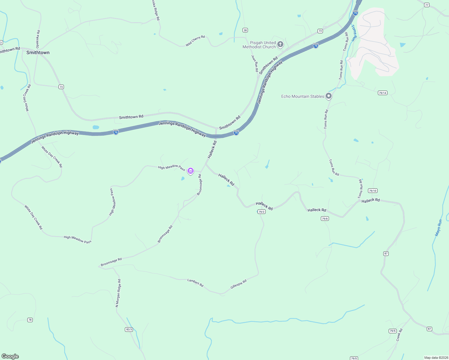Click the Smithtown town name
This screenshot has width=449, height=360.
38,52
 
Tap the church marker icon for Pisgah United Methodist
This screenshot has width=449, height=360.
280,44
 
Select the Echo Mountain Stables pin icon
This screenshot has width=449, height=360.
329,96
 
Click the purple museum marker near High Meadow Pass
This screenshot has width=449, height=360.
190,171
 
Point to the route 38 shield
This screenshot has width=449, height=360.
245,30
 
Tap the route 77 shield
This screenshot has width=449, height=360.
427,5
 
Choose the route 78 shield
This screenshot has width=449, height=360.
30,320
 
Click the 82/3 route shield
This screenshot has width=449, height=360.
129,329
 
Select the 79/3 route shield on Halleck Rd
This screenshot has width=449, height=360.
261,211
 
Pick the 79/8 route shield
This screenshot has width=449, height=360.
325,219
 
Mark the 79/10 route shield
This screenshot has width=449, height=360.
372,191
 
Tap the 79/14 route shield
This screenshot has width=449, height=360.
382,93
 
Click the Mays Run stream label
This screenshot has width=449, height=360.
438,228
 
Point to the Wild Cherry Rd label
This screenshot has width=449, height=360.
195,41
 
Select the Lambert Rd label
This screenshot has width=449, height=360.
195,283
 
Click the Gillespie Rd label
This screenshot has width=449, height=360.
239,284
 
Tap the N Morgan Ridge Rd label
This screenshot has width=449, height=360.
118,293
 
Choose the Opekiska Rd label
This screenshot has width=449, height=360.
38,39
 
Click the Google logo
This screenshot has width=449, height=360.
10,356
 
